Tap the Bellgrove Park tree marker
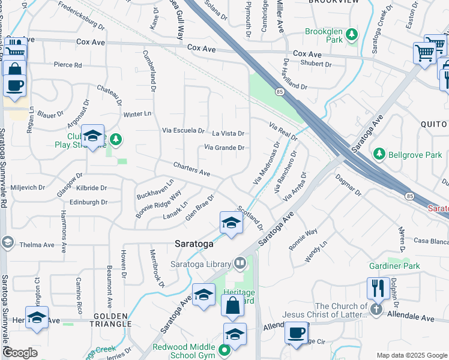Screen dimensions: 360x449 379,155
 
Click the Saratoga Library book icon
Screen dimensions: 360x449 240,263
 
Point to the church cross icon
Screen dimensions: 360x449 376,310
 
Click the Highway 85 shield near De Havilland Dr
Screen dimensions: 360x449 280,91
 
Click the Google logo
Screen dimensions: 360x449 20,352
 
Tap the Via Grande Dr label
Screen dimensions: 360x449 224,148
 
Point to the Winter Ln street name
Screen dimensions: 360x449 137,114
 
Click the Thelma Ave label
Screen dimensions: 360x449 37,245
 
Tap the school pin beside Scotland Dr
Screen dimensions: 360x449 231,223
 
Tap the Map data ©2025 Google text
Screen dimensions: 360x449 411,355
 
